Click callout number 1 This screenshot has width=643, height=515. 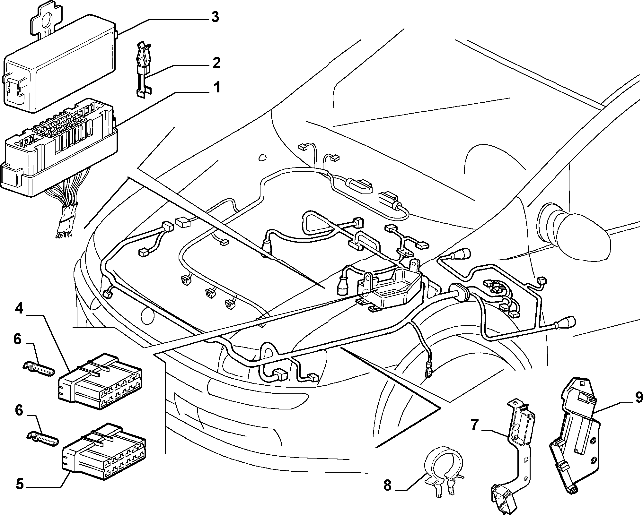217,87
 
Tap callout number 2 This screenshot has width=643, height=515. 217,63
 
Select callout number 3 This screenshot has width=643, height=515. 215,17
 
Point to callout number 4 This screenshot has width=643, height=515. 19,310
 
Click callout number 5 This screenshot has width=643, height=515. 20,484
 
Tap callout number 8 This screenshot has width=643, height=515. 388,485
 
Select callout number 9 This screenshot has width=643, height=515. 638,398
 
